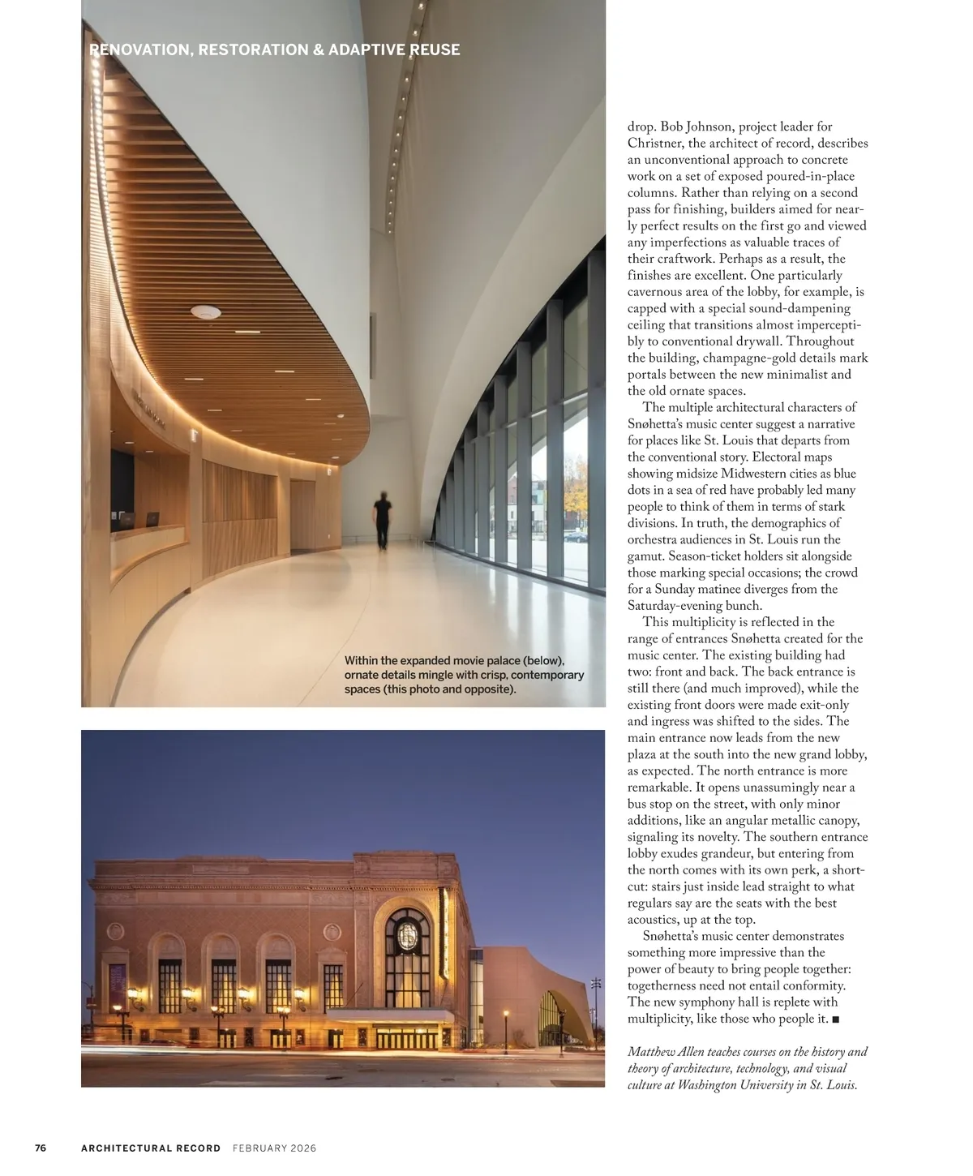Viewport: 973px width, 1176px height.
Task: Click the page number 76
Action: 41,1148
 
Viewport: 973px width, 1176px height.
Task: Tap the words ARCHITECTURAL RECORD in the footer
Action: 151,1148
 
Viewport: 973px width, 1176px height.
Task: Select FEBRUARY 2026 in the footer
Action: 274,1148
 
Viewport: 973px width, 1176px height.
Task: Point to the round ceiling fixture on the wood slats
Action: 206,311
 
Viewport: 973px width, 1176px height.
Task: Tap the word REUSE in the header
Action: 435,50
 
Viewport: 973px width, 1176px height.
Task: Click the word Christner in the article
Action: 655,144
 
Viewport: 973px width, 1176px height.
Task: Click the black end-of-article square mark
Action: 835,1019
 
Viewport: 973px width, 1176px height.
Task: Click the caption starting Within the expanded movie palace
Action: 464,675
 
